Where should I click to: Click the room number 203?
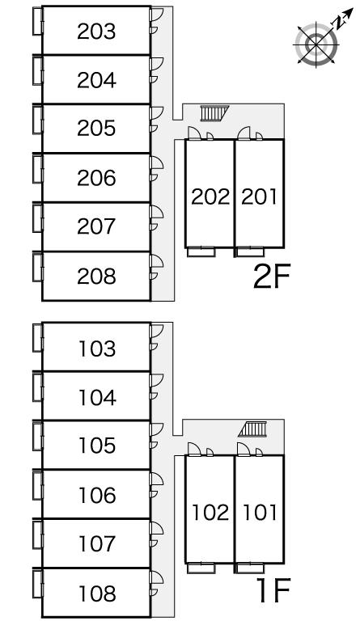[x=96, y=32]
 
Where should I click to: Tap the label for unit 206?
[x=96, y=178]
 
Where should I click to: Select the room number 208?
[x=96, y=276]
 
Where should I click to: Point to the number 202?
[x=210, y=196]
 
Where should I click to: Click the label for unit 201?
[x=260, y=196]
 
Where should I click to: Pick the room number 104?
[x=97, y=398]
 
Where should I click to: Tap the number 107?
[x=97, y=543]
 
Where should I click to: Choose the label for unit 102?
[x=210, y=512]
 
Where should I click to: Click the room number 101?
[x=260, y=512]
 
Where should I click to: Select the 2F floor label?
[x=272, y=276]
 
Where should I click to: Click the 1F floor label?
[x=273, y=591]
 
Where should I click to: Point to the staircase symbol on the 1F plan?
[x=252, y=429]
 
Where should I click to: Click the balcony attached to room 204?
[x=37, y=70]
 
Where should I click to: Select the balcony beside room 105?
[x=37, y=436]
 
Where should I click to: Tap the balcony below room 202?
[x=201, y=252]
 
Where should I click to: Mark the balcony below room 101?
[x=250, y=568]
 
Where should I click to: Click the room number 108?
[x=97, y=594]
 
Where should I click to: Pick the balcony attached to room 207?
[x=37, y=218]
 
